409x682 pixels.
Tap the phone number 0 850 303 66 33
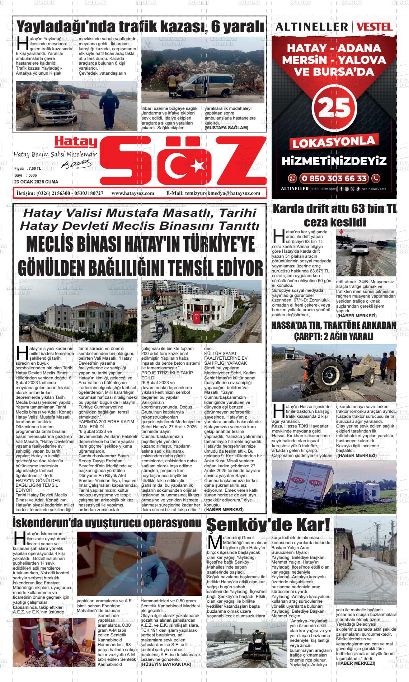(334, 178)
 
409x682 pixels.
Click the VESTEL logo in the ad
(375, 27)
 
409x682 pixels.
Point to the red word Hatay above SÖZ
(76, 143)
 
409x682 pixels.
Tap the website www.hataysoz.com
(133, 193)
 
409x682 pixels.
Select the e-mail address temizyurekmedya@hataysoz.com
(222, 193)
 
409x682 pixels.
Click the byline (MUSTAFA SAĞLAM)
(226, 128)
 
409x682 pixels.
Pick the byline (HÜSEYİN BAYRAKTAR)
(165, 654)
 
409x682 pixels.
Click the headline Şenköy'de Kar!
(268, 525)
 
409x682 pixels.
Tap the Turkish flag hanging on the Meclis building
(197, 317)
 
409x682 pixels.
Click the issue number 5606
(33, 175)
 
